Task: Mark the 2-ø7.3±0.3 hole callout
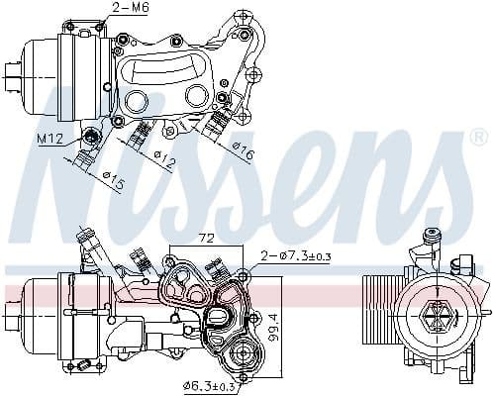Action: pyautogui.click(x=295, y=257)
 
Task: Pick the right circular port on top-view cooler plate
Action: pyautogui.click(x=198, y=95)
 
